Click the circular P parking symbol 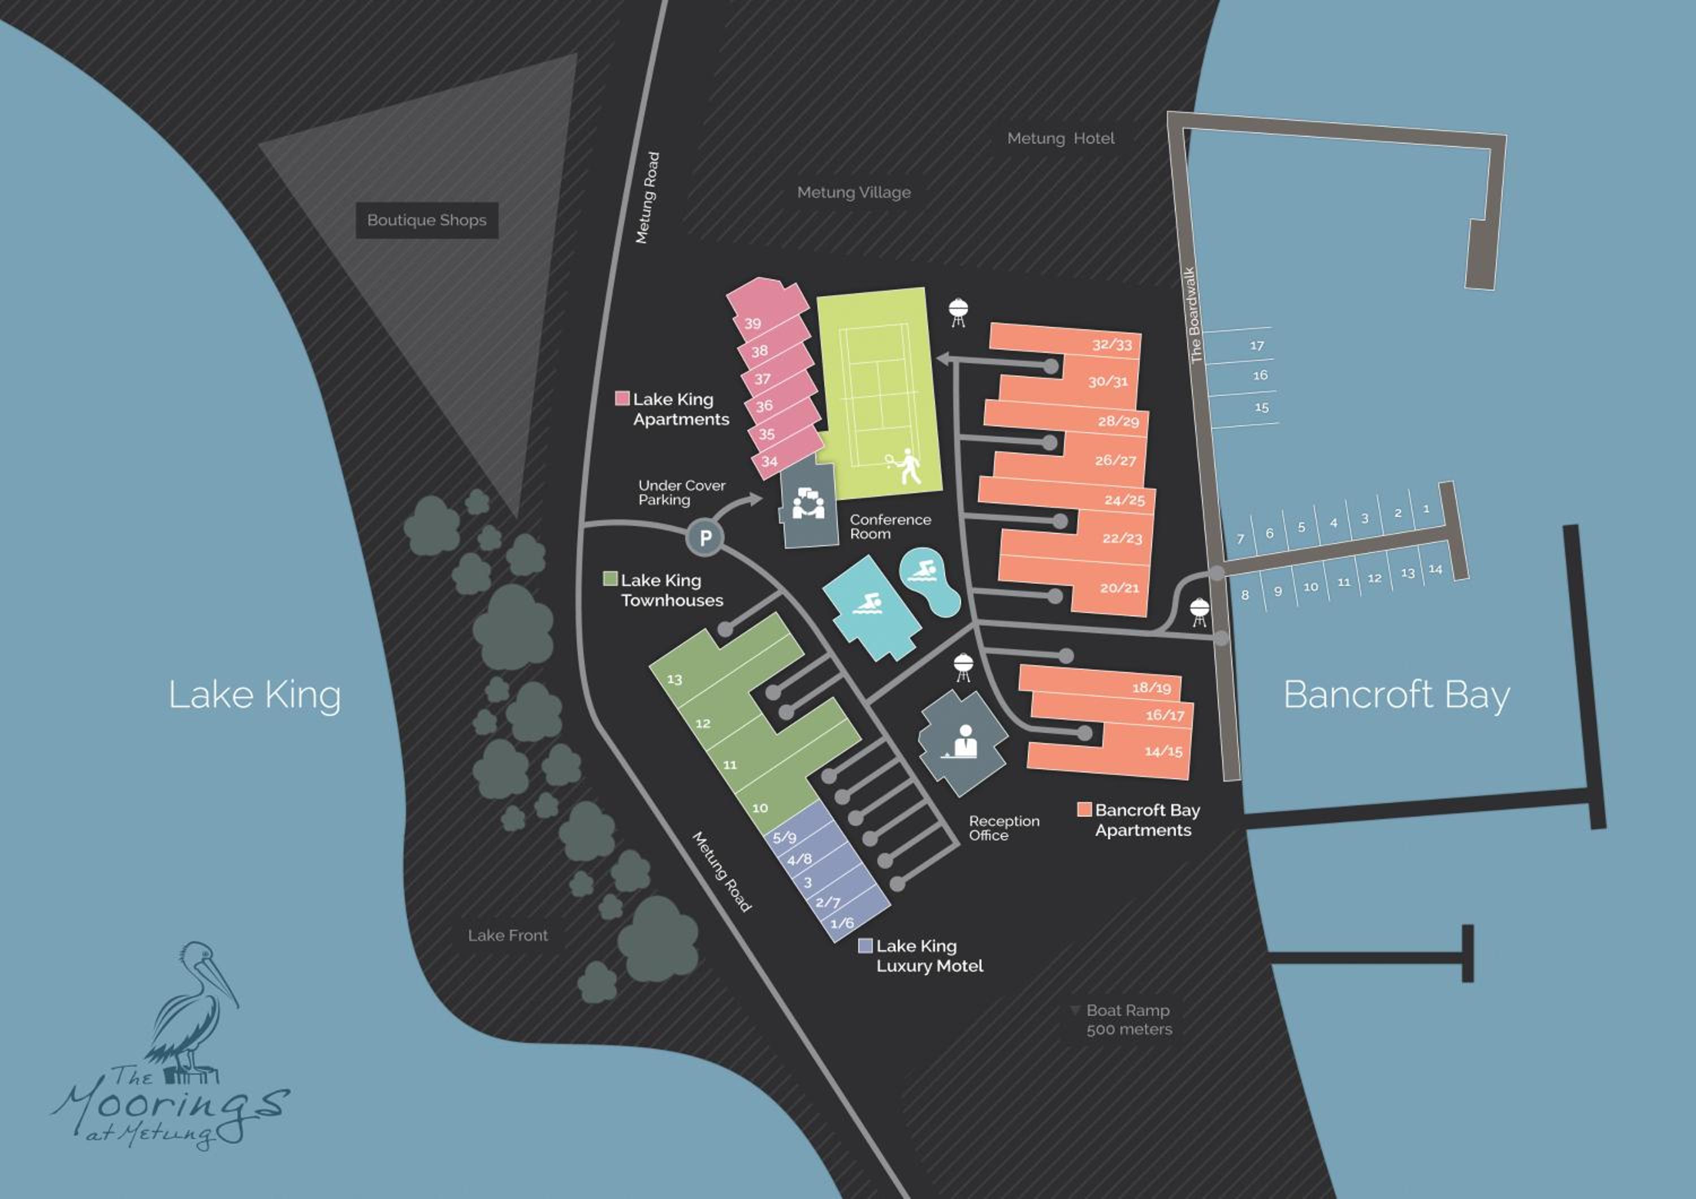(x=705, y=538)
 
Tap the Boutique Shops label (x=427, y=220)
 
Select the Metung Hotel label (x=1061, y=138)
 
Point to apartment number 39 (x=752, y=324)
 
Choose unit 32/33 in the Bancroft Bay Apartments (x=1111, y=344)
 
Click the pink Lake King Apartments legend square (x=622, y=398)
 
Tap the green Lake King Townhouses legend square (x=610, y=579)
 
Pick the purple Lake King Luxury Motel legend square (x=866, y=946)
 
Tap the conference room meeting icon (x=808, y=504)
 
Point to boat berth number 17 (x=1257, y=345)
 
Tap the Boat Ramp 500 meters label (x=1128, y=1020)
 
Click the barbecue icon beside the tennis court (x=958, y=312)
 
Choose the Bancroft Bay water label (x=1396, y=695)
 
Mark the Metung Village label (x=854, y=193)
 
